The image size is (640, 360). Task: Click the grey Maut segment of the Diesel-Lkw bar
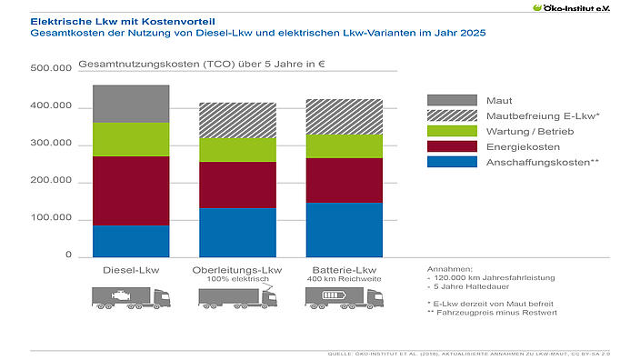point(131,104)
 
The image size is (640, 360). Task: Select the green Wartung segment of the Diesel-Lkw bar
point(131,139)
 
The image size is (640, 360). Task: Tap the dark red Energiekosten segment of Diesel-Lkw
point(131,190)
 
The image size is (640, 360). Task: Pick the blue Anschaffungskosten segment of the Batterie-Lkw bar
point(345,229)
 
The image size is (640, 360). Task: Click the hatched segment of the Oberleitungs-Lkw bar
point(237,120)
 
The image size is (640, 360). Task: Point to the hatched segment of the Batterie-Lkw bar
point(345,116)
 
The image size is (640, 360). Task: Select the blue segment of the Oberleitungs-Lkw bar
point(237,232)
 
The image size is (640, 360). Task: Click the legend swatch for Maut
point(452,100)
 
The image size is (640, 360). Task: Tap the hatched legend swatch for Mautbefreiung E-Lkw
point(452,115)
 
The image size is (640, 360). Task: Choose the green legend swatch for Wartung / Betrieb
point(452,131)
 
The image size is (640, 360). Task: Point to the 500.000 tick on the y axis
point(50,69)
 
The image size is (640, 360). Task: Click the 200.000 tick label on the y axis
point(50,182)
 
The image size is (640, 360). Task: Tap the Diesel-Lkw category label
point(131,270)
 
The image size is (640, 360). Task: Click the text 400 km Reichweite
point(345,279)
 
